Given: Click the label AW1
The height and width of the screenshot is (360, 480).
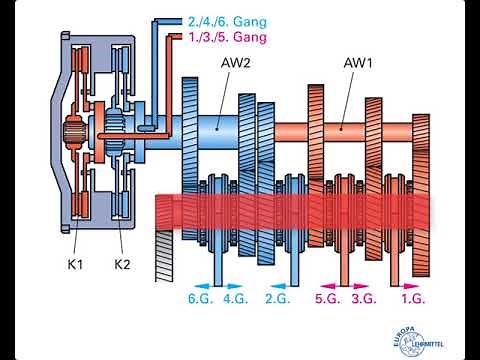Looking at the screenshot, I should [x=358, y=63].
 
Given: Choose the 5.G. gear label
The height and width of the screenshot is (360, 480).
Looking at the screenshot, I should [x=326, y=298].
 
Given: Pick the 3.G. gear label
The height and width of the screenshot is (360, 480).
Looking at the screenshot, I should [x=363, y=298].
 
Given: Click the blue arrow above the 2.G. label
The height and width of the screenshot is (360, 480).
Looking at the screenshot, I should [x=272, y=283].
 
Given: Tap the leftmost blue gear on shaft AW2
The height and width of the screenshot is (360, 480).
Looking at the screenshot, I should [x=193, y=130].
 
